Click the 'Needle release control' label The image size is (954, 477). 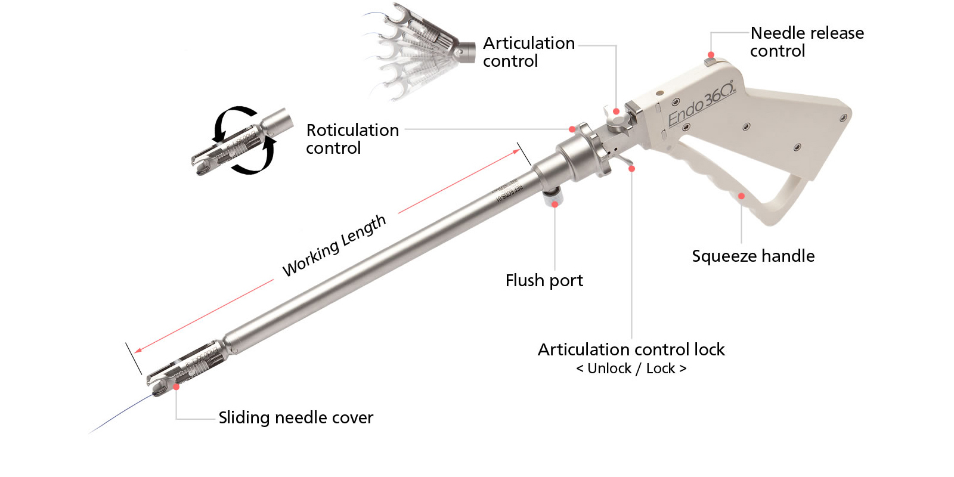tap(807, 42)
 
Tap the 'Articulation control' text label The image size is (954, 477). tap(528, 52)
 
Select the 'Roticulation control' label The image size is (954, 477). tap(352, 139)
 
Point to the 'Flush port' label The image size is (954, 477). tap(544, 280)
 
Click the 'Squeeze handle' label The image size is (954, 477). tap(753, 256)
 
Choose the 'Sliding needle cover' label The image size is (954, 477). tap(296, 417)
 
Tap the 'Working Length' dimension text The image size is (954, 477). tap(334, 246)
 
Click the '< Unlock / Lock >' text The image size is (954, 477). tap(631, 368)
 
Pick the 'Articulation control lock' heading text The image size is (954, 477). tap(631, 349)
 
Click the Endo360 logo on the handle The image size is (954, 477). tap(702, 104)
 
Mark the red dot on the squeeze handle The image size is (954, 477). tap(741, 196)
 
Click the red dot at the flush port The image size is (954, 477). tap(555, 204)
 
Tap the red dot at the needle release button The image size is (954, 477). tap(711, 55)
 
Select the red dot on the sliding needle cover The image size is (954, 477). tap(176, 387)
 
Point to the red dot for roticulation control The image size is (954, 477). tap(572, 129)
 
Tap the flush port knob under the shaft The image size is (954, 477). tap(552, 196)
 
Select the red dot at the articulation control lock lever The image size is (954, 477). tap(631, 169)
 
